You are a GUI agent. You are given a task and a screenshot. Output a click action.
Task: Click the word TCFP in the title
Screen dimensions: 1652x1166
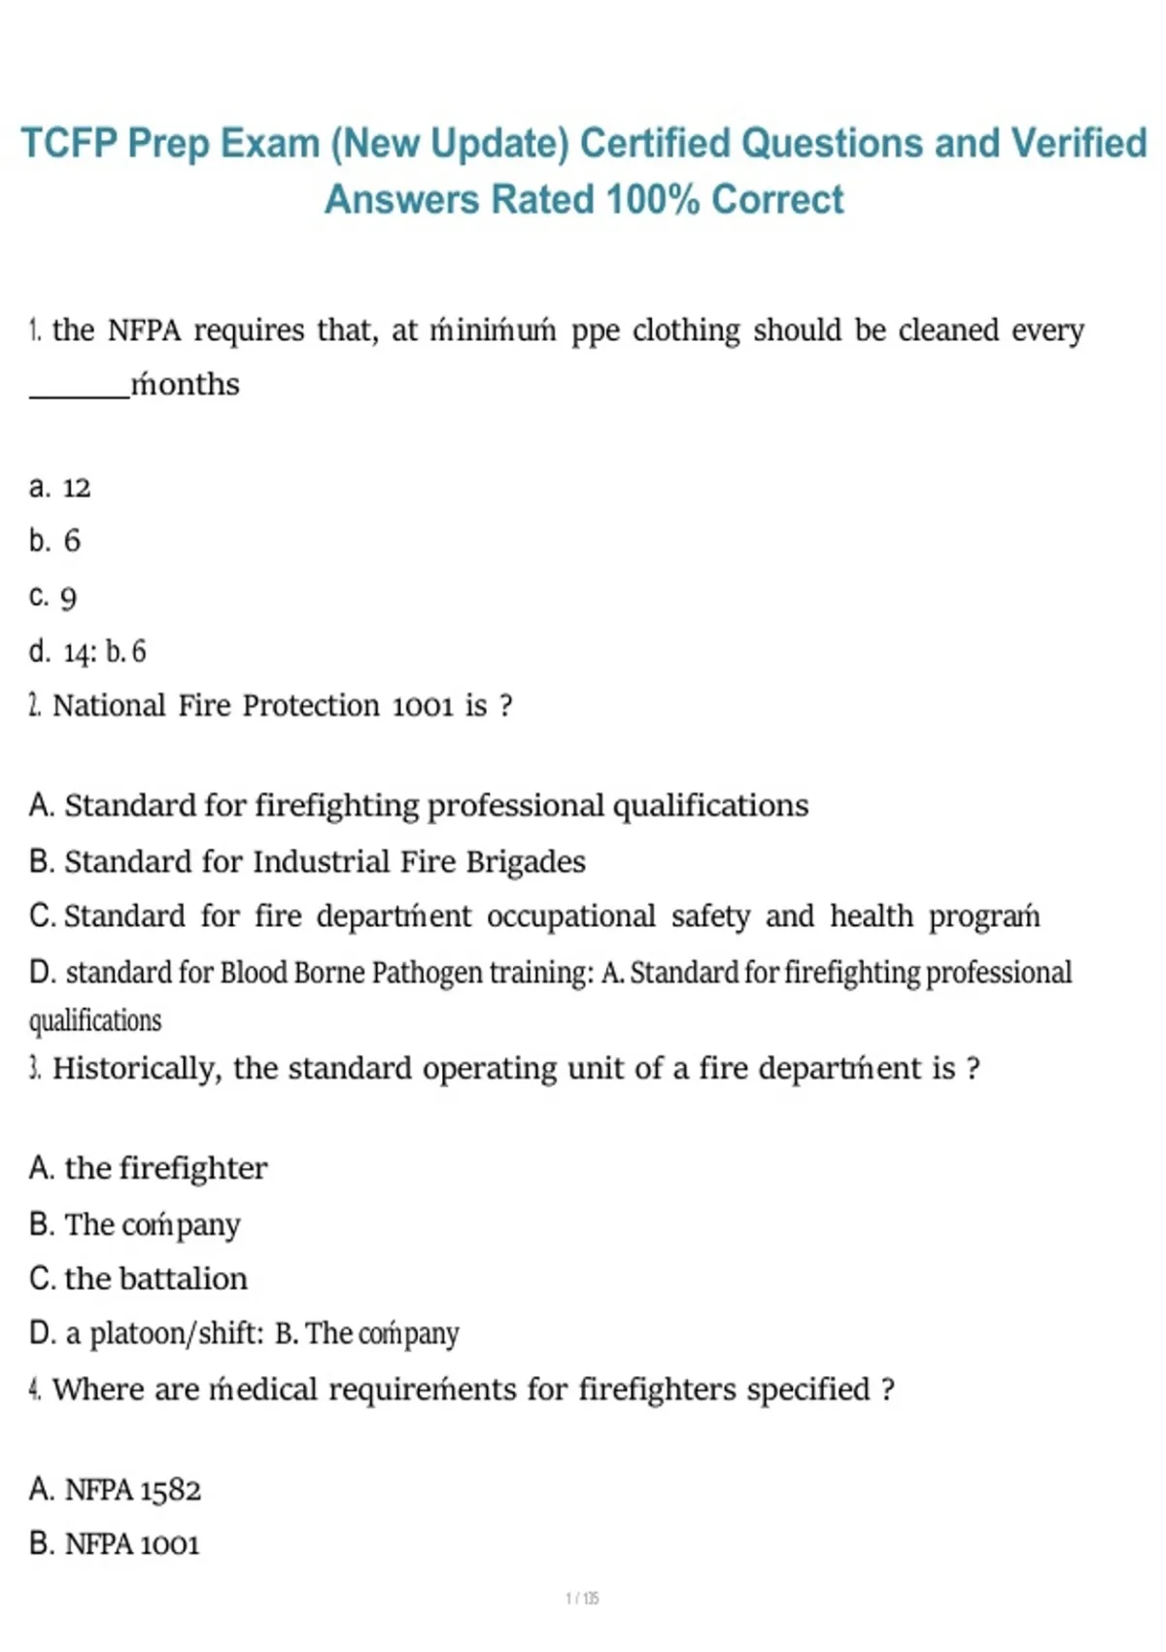click(69, 144)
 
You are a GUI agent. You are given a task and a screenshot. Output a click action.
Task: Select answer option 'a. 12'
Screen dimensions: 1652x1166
click(59, 487)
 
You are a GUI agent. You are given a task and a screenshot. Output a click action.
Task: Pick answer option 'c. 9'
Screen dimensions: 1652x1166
click(52, 597)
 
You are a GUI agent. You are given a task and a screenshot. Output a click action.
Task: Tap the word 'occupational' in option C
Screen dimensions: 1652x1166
click(571, 916)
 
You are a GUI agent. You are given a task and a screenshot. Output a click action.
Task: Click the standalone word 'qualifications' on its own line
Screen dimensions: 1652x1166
click(95, 1020)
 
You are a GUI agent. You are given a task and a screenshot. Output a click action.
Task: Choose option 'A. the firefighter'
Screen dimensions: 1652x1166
click(148, 1168)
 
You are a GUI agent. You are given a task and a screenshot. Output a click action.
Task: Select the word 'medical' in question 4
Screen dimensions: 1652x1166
click(263, 1390)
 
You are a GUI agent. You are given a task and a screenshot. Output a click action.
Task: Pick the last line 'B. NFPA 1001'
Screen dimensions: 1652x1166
click(114, 1544)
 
